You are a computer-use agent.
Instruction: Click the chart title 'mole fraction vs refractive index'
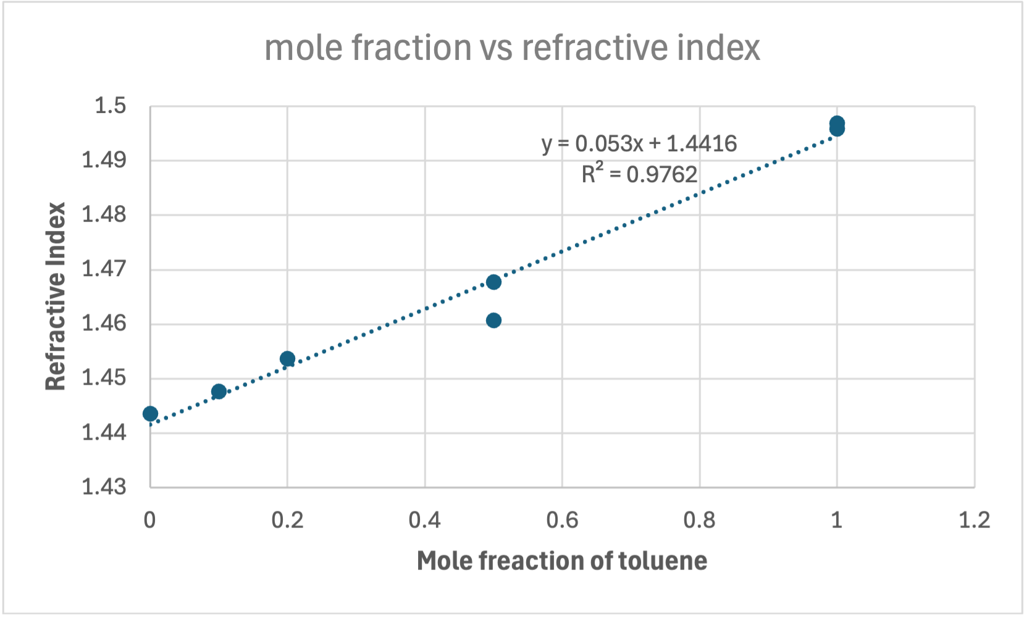[x=512, y=48]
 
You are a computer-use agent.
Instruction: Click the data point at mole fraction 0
[x=150, y=413]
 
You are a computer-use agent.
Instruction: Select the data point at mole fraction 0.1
[x=219, y=392]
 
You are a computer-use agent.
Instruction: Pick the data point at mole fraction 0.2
[x=287, y=359]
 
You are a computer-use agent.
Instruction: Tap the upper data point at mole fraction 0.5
[x=493, y=282]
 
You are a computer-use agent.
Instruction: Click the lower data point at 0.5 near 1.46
[x=493, y=320]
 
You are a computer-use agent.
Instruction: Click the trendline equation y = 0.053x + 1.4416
[x=639, y=144]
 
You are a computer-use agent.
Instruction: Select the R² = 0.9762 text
[x=639, y=174]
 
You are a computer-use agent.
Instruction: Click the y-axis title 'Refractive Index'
[x=56, y=296]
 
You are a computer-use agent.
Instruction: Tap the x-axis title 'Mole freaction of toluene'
[x=562, y=561]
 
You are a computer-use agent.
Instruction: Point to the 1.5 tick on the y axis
[x=110, y=106]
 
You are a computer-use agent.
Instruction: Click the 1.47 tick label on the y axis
[x=104, y=269]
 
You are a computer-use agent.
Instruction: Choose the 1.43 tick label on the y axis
[x=104, y=487]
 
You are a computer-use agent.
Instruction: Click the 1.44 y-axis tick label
[x=104, y=432]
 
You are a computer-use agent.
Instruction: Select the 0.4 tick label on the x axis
[x=425, y=520]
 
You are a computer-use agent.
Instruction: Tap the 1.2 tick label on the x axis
[x=974, y=520]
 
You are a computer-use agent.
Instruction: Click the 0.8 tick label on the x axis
[x=699, y=520]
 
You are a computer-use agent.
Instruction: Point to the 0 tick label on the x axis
[x=149, y=520]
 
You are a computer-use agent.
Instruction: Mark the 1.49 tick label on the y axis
[x=104, y=161]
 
